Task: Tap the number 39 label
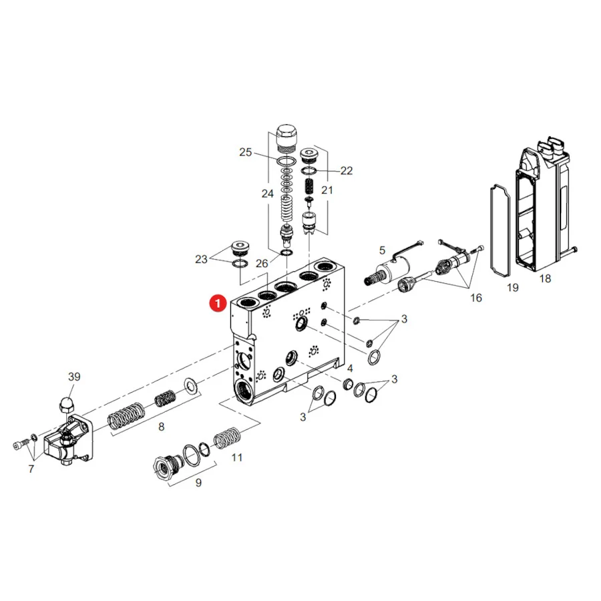pos(74,377)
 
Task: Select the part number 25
pos(245,152)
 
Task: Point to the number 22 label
pos(346,170)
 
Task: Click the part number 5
pos(382,250)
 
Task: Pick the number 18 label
pos(545,278)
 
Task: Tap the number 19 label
pos(512,287)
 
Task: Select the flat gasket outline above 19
pos(499,230)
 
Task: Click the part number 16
pos(475,298)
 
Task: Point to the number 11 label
pos(237,457)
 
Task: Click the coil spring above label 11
pos(227,437)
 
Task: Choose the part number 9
pos(198,483)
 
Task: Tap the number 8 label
pos(162,427)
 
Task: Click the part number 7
pos(31,469)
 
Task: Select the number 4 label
pos(349,369)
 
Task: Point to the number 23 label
pos(201,260)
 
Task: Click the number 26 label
pos(262,264)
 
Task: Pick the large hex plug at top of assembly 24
pos(286,139)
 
